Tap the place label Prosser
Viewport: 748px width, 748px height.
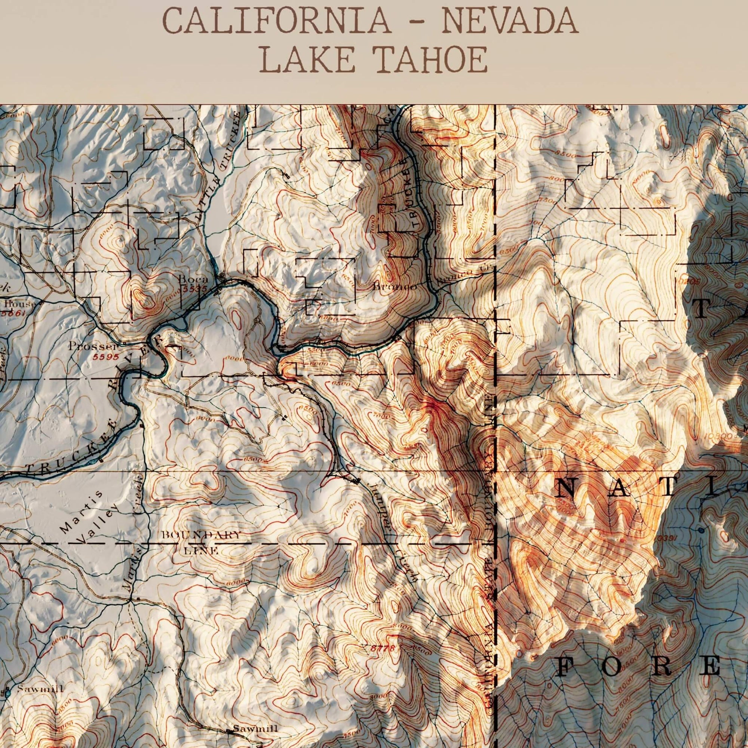92,346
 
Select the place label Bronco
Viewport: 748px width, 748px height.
395,287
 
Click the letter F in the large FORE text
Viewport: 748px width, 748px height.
570,667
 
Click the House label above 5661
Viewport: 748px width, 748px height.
19,304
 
